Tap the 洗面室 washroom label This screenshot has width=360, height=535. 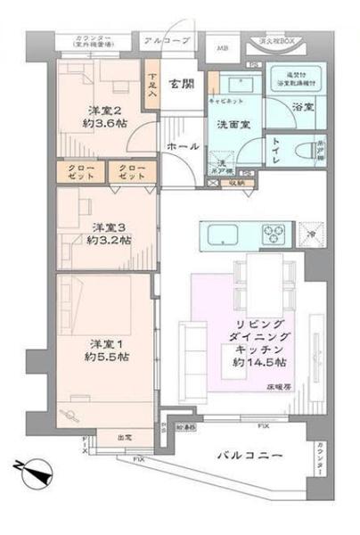coord(234,125)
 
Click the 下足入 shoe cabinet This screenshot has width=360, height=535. coord(153,86)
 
